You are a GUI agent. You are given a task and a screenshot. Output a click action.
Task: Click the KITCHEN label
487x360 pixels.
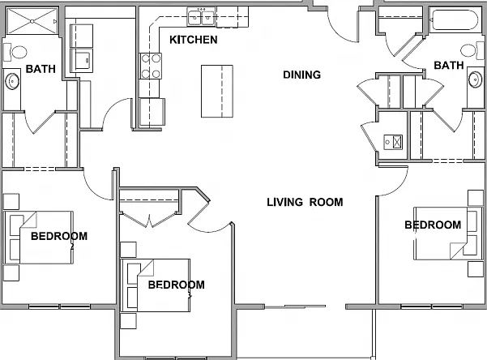pyautogui.click(x=193, y=40)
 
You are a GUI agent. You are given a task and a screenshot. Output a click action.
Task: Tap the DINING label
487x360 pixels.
pyautogui.click(x=302, y=75)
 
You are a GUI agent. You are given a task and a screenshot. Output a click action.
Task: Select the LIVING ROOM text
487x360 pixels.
pyautogui.click(x=305, y=202)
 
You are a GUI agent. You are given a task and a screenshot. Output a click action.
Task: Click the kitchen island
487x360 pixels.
pyautogui.click(x=217, y=91)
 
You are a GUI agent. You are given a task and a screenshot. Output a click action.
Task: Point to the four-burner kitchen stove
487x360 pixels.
pyautogui.click(x=151, y=66)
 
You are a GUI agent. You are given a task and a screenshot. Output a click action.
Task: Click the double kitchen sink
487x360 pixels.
pyautogui.click(x=201, y=17)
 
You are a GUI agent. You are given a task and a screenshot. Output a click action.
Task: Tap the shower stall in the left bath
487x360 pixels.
pyautogui.click(x=32, y=21)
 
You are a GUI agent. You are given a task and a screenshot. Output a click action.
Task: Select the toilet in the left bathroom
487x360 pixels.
pyautogui.click(x=15, y=52)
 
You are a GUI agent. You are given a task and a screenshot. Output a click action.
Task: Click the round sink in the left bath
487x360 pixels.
pyautogui.click(x=12, y=81)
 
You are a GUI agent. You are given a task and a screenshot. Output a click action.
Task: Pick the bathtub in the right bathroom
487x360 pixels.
pyautogui.click(x=454, y=20)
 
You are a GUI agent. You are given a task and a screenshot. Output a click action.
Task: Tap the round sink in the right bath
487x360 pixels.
pyautogui.click(x=475, y=79)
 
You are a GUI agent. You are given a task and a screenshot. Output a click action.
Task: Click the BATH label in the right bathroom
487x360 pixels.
pyautogui.click(x=449, y=66)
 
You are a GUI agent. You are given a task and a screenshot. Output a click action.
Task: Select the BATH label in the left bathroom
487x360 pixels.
pyautogui.click(x=41, y=69)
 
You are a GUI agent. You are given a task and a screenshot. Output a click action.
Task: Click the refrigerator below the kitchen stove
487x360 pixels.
pyautogui.click(x=152, y=112)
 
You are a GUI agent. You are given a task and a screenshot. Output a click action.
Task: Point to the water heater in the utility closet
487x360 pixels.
pyautogui.click(x=393, y=142)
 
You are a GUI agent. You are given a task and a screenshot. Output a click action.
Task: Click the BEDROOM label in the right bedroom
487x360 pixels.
pyautogui.click(x=433, y=225)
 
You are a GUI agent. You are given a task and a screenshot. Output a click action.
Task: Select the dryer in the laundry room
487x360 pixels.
pyautogui.click(x=82, y=60)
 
